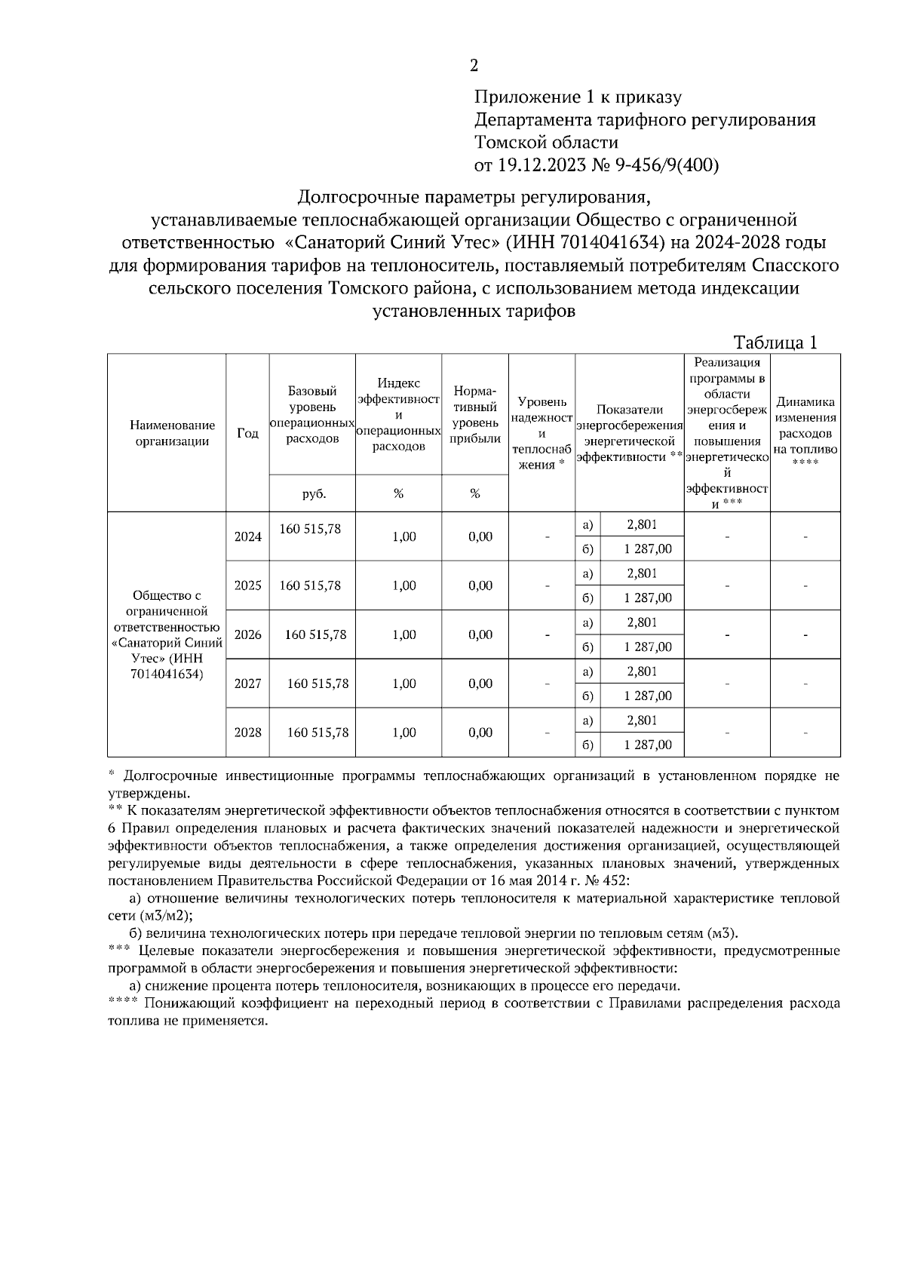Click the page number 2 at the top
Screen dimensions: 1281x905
(474, 66)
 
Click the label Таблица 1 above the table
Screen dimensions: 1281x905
(776, 343)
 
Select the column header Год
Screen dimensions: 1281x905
(247, 433)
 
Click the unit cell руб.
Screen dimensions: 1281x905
(313, 493)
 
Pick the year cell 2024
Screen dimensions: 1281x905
(247, 536)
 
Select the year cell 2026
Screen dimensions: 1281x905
(247, 634)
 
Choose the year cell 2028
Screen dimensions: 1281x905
(247, 733)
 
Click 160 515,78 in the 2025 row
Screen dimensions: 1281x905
(310, 585)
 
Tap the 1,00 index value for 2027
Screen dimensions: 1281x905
(404, 684)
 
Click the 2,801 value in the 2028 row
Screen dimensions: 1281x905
(642, 720)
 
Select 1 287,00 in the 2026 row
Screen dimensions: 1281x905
(647, 647)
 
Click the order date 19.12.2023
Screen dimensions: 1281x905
(537, 165)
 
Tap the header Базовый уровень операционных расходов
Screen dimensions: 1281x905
(312, 415)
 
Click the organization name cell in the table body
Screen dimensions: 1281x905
(167, 634)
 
